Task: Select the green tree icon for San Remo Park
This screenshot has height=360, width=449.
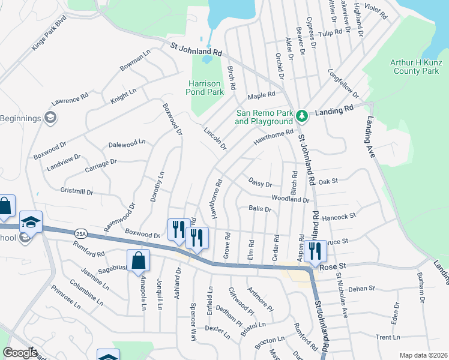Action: pos(303,115)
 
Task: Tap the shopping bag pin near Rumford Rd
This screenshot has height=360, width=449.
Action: pos(138,261)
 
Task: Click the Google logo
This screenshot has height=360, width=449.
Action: pos(20,353)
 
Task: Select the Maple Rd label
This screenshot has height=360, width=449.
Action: pos(261,95)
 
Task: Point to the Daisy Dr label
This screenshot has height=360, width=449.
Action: pos(261,182)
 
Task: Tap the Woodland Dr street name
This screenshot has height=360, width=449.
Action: pos(290,199)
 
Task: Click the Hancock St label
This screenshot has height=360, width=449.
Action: pos(340,216)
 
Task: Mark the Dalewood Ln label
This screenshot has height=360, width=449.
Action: pos(127,143)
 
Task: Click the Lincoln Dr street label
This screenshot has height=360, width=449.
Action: pos(215,139)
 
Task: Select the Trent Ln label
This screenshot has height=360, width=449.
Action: pos(388,338)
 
